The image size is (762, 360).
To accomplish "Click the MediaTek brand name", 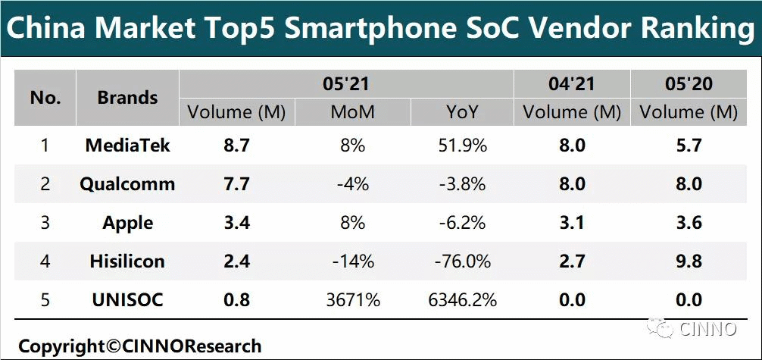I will click(x=127, y=145).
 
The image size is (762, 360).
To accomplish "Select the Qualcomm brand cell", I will click(x=127, y=184).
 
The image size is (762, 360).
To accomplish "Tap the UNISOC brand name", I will click(x=127, y=300).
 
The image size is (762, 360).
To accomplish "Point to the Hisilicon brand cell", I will click(x=127, y=261).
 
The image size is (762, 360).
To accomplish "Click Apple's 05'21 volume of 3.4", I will click(x=236, y=223).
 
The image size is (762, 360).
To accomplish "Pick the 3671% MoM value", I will click(x=352, y=300).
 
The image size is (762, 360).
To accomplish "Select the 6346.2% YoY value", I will click(x=461, y=300).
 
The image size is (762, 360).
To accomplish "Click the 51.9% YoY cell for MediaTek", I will click(x=461, y=145).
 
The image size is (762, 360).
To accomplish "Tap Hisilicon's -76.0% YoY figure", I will click(x=461, y=261).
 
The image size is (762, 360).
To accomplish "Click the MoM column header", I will click(x=352, y=113).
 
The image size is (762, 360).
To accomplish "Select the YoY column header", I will click(x=461, y=113).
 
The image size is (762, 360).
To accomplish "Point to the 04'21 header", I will click(x=572, y=83).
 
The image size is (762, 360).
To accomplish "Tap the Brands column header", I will click(x=127, y=98).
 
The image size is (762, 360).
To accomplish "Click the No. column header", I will click(x=45, y=98).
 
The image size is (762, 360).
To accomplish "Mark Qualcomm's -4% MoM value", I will click(x=352, y=184).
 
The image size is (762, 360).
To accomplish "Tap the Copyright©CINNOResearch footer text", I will click(x=140, y=346).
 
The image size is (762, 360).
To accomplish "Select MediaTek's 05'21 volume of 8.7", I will click(x=236, y=145).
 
